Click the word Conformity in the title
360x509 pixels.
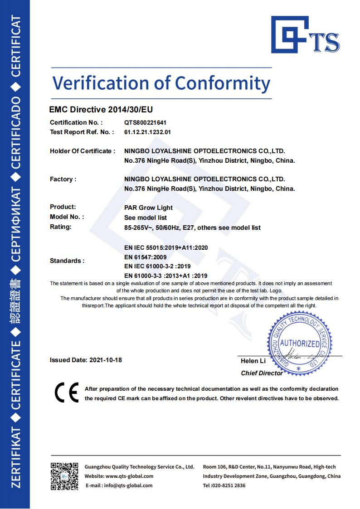pos(222,83)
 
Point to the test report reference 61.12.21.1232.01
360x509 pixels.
pos(147,132)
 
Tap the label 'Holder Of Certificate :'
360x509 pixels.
pos(83,151)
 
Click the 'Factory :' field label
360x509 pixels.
pos(63,179)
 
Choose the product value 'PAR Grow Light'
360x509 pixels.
pos(148,208)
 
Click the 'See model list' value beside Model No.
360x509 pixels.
pos(145,218)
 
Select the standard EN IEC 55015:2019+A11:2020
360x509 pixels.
pos(166,247)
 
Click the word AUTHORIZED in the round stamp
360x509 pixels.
pos(299,343)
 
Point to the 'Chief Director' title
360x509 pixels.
pos(262,373)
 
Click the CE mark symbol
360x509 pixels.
pos(66,393)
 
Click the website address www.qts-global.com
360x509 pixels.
pos(129,476)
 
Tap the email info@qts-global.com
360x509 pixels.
pos(128,485)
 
